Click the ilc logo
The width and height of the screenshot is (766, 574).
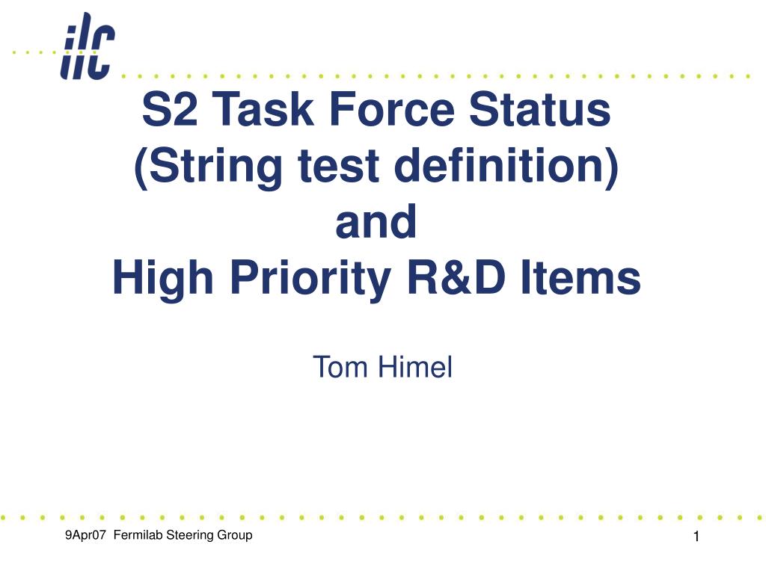(x=88, y=46)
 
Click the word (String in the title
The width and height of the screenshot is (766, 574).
(x=208, y=167)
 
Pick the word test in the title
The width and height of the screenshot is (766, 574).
(x=339, y=166)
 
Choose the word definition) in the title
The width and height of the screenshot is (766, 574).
(x=506, y=167)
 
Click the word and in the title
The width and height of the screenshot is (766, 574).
(x=376, y=221)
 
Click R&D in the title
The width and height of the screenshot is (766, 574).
(x=456, y=278)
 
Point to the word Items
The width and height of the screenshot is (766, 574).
(x=580, y=278)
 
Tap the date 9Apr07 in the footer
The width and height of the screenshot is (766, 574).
(x=85, y=535)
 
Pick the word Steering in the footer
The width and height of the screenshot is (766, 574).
(x=190, y=536)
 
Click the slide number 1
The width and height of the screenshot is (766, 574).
(x=696, y=537)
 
